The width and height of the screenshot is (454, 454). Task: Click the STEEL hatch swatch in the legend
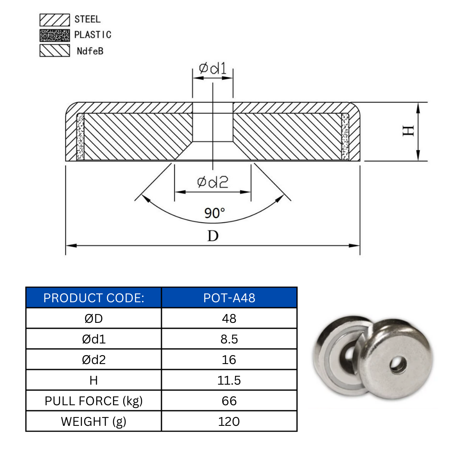tap(55, 19)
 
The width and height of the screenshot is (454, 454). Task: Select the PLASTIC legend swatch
tap(55, 35)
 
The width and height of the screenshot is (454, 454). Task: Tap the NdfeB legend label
tap(90, 51)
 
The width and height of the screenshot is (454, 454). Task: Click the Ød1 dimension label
tap(213, 69)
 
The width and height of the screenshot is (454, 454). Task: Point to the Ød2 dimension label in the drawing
tap(213, 182)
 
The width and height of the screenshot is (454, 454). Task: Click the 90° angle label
tap(215, 214)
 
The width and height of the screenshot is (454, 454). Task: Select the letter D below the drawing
tap(213, 236)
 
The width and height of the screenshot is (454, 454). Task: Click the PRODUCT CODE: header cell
tap(94, 298)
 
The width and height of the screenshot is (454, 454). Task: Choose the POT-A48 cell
tap(229, 298)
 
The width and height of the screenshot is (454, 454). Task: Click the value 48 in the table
tap(229, 319)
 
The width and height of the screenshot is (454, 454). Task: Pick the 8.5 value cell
tap(229, 339)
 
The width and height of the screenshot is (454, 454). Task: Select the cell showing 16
tap(229, 360)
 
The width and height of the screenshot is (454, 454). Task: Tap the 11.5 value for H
tap(229, 380)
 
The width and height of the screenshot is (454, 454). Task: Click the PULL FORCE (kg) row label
tap(94, 401)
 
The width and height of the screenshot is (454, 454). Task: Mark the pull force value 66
tap(229, 401)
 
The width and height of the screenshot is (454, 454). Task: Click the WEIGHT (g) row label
tap(94, 421)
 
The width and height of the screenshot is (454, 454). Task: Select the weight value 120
tap(229, 421)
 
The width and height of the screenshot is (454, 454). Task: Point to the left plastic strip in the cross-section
tap(80, 137)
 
